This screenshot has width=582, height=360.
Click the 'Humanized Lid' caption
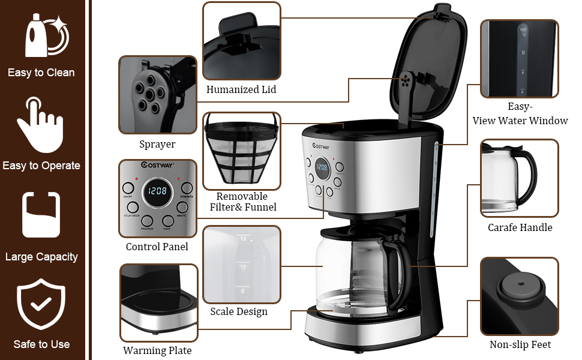click(241, 89)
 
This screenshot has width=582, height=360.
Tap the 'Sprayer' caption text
click(157, 144)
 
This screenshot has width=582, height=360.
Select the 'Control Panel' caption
click(157, 247)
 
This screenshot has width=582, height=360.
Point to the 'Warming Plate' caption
click(157, 350)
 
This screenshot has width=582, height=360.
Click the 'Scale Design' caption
click(239, 311)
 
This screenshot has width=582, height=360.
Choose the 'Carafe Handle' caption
click(520, 227)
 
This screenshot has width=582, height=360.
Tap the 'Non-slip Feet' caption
click(520, 344)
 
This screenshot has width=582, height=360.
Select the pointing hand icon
click(40, 122)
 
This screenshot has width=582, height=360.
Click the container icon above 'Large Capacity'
click(41, 215)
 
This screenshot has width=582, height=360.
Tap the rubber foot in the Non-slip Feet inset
click(520, 289)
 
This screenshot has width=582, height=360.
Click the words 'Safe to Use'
click(41, 344)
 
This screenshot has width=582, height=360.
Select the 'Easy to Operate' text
click(41, 166)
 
